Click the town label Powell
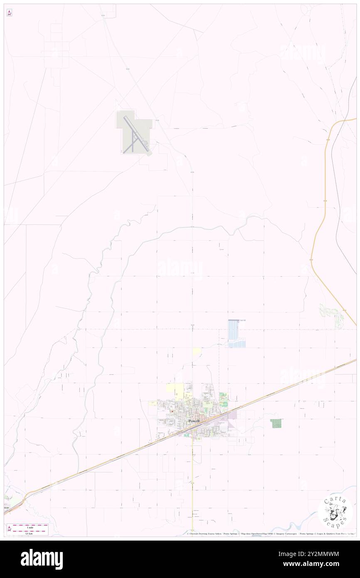tap(194, 421)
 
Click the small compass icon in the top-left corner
tap(9, 13)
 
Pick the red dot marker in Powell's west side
tap(171, 412)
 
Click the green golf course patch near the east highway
tap(332, 314)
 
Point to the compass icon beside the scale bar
tap(9, 529)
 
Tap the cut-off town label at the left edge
tap(6, 508)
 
